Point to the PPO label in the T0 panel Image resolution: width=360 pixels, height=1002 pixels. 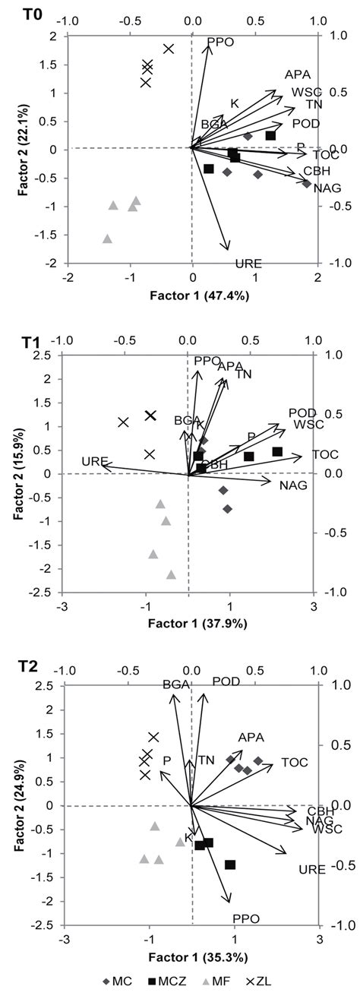220,41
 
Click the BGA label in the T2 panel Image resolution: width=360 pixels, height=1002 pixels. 175,684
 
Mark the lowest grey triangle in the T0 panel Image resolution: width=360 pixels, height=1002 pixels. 107,239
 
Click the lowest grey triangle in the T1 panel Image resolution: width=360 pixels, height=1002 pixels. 171,575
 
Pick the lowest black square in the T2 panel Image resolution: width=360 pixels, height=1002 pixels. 230,865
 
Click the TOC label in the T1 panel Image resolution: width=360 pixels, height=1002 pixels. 325,455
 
